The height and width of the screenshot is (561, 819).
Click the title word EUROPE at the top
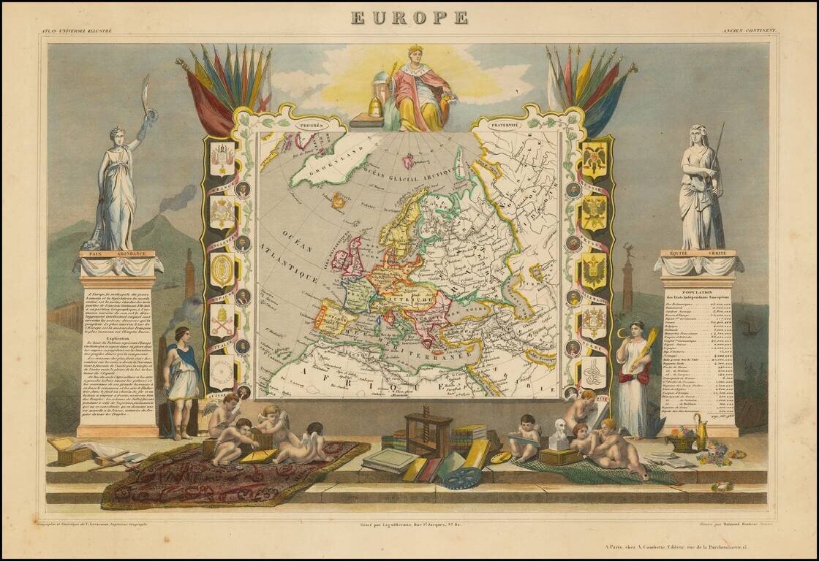[409, 18]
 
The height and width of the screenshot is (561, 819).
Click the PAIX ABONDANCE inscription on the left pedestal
[117, 253]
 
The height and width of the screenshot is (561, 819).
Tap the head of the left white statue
[116, 134]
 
